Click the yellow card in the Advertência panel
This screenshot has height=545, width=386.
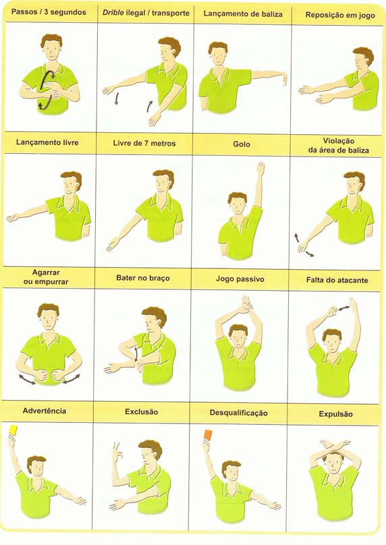13,430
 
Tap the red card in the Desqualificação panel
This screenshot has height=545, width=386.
208,434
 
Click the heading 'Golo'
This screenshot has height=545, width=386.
242,144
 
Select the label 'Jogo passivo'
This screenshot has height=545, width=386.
240,279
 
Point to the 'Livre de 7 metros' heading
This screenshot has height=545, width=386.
144,143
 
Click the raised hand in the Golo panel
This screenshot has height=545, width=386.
260,169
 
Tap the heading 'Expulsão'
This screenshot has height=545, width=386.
335,414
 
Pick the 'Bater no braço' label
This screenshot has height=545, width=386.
143,278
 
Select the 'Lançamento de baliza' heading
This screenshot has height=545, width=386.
243,14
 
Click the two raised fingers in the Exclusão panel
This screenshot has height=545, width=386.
117,447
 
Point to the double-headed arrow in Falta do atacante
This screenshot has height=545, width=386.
345,308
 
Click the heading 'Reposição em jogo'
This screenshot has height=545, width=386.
340,15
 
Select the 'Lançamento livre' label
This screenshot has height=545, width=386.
47,142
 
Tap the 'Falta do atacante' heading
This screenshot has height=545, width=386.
337,280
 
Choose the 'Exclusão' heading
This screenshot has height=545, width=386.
142,412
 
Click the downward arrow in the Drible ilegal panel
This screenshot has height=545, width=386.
117,98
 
